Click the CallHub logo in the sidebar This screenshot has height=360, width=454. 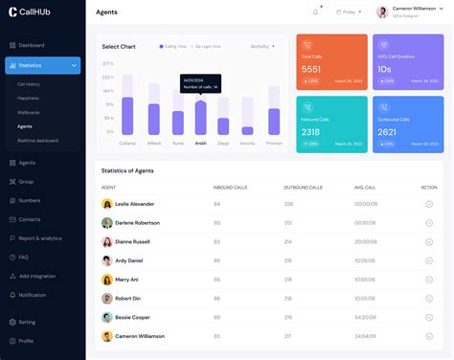(31, 12)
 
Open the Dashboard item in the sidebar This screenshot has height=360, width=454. (31, 45)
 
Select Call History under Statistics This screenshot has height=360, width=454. (29, 84)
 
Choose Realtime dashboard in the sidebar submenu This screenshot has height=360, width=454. (37, 141)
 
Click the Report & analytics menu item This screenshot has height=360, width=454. (39, 237)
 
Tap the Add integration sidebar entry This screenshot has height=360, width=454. (36, 276)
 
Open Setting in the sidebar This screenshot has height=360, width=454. (27, 322)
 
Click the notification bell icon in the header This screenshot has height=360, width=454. (316, 12)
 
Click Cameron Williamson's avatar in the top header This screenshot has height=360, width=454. (382, 12)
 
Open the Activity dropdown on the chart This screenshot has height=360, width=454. (262, 46)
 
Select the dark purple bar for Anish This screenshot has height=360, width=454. (200, 118)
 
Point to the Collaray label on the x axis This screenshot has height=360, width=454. (127, 143)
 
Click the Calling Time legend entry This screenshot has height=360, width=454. (173, 46)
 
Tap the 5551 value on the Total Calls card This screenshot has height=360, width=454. (311, 70)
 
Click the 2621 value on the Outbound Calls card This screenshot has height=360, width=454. (387, 132)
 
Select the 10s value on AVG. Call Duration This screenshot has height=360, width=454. (384, 70)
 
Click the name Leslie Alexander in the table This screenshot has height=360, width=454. (134, 204)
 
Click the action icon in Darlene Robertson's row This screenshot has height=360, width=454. (429, 223)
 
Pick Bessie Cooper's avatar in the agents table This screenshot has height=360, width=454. (107, 317)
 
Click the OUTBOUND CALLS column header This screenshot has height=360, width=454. (303, 188)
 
